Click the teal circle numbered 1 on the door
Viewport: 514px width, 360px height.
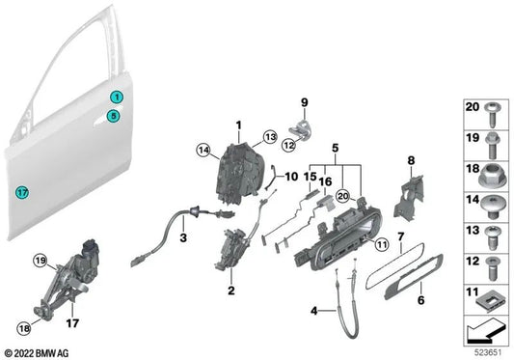(115, 97)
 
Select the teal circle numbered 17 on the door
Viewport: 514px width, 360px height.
(23, 192)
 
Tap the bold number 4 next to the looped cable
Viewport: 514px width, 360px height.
(315, 310)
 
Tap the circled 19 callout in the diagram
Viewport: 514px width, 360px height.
(41, 261)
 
